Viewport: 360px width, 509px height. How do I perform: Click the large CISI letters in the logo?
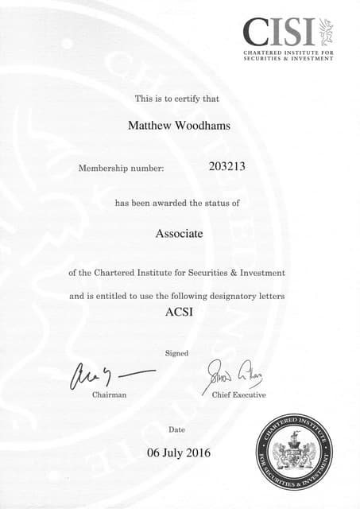tap(279, 33)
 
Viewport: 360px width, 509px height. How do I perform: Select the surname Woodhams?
tap(201, 125)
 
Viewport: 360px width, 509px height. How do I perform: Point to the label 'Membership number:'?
tap(121, 169)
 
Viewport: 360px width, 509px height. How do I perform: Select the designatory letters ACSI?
tap(179, 311)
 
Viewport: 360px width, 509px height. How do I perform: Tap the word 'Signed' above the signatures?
tap(176, 352)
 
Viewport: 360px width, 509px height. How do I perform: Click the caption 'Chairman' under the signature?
tap(109, 395)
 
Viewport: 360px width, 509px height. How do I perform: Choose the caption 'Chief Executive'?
tap(238, 395)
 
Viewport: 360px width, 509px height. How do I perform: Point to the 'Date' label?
tap(177, 430)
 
